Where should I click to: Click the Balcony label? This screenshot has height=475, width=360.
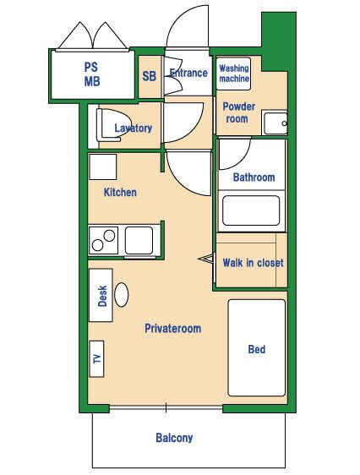tap(174, 438)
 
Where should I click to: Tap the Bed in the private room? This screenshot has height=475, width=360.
tap(257, 347)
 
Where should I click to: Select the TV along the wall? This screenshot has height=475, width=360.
tap(97, 359)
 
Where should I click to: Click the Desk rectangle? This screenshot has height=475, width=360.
tap(101, 295)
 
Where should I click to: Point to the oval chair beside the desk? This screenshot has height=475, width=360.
tap(122, 295)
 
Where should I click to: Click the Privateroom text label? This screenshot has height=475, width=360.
tap(173, 329)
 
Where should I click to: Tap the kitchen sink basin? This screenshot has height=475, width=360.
tap(139, 240)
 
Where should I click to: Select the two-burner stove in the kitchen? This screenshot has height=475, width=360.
tap(104, 240)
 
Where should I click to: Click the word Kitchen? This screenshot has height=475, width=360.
tap(120, 192)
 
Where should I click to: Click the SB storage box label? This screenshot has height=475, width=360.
tap(150, 76)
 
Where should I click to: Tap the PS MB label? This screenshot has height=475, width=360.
tap(92, 74)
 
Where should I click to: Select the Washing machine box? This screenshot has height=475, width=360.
tap(233, 74)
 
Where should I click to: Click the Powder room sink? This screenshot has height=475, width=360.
tap(275, 123)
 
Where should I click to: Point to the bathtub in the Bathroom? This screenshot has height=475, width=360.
tap(251, 210)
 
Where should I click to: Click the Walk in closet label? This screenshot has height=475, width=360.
tap(254, 263)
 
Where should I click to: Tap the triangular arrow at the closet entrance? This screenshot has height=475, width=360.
tap(205, 259)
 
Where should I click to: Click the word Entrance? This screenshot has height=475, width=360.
tap(188, 73)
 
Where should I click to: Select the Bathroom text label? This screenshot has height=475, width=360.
tap(254, 177)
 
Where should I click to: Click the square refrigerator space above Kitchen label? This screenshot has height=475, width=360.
tap(103, 167)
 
